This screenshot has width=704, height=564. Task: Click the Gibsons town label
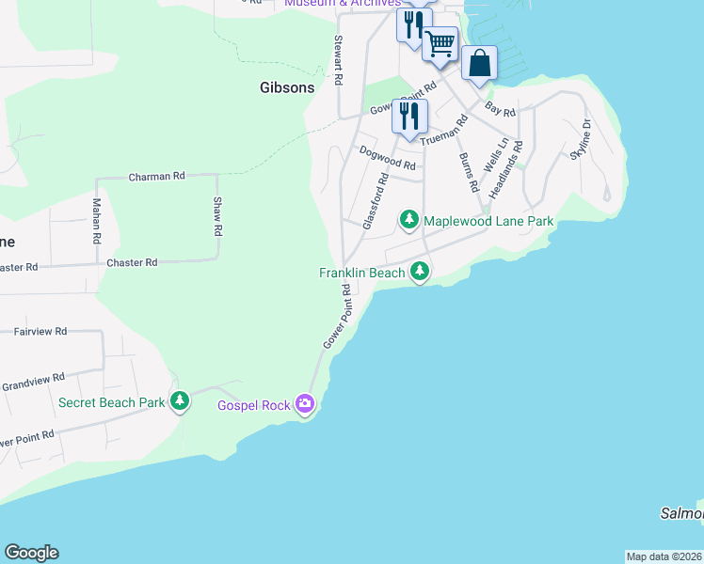point(287,87)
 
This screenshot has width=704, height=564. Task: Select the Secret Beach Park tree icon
point(180,401)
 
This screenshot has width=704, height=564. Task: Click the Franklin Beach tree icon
point(420,273)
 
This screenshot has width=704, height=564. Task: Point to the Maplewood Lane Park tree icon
point(408,220)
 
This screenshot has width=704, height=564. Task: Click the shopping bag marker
point(479,64)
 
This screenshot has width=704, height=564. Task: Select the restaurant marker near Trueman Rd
point(409,116)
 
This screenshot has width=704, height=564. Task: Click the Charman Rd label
point(157,176)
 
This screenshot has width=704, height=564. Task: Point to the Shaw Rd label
point(217,216)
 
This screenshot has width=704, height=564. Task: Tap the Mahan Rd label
point(96,222)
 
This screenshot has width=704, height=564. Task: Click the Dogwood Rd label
point(387,157)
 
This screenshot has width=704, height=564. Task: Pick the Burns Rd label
point(469,172)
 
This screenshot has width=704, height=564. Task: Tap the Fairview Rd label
point(40,331)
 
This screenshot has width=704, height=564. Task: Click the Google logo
point(31,553)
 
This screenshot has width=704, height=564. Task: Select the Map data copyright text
point(664,556)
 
